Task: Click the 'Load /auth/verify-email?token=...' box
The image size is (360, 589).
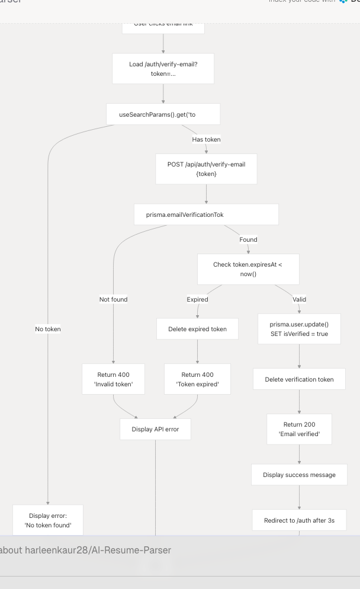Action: pyautogui.click(x=163, y=69)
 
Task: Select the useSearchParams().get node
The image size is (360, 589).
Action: pyautogui.click(x=163, y=114)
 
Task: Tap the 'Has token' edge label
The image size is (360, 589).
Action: pyautogui.click(x=206, y=139)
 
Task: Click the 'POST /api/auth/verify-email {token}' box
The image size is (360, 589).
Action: pyautogui.click(x=206, y=169)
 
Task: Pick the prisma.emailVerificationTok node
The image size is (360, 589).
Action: pyautogui.click(x=206, y=215)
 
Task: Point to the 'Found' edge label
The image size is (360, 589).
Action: pyautogui.click(x=248, y=239)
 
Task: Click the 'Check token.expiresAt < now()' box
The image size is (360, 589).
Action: pyautogui.click(x=248, y=269)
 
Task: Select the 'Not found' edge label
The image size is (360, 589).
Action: pyautogui.click(x=113, y=299)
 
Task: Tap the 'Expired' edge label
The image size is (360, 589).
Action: pyautogui.click(x=197, y=299)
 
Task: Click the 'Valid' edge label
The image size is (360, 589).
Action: pyautogui.click(x=300, y=299)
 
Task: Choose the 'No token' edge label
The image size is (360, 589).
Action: pyautogui.click(x=47, y=329)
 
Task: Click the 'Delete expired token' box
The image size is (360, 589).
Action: pyautogui.click(x=197, y=329)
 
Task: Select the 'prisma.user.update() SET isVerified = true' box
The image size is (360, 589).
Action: pyautogui.click(x=299, y=329)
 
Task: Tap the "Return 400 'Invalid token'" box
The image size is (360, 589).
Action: pyautogui.click(x=113, y=379)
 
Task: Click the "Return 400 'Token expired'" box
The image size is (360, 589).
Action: pyautogui.click(x=197, y=379)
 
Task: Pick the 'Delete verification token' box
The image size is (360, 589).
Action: pyautogui.click(x=299, y=379)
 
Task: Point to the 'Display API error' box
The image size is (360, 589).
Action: pyautogui.click(x=155, y=429)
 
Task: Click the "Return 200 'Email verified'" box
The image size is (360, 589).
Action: pyautogui.click(x=299, y=429)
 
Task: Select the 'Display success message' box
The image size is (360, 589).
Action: pyautogui.click(x=299, y=475)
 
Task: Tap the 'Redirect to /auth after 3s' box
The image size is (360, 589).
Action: pyautogui.click(x=299, y=520)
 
